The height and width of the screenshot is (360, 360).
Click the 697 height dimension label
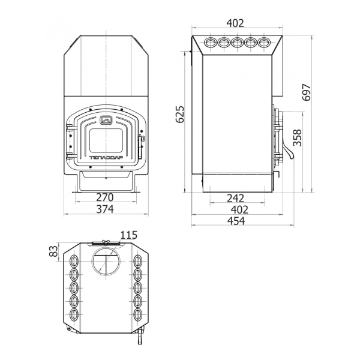tap(306, 92)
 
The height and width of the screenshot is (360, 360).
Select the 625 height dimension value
tap(180, 115)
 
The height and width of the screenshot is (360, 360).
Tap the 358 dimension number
tap(298, 138)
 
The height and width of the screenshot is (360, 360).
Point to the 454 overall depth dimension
tap(236, 221)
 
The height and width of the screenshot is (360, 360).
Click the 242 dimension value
tap(236, 199)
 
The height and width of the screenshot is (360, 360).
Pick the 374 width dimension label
tap(104, 209)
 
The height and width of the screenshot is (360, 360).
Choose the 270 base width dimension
tap(104, 197)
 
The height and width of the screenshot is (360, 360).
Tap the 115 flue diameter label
tap(129, 235)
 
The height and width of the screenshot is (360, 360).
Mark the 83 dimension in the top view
tap(53, 251)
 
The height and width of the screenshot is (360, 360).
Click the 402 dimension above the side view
tap(235, 23)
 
